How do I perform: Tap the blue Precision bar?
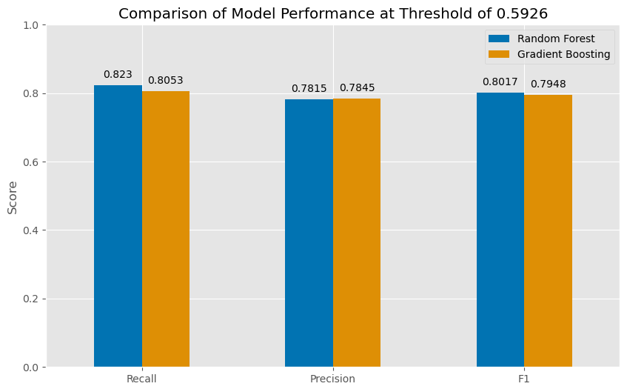tap(309, 233)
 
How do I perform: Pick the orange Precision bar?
tap(357, 233)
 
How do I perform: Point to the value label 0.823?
tap(118, 74)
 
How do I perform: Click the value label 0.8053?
tap(166, 80)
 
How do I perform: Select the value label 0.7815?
tap(309, 88)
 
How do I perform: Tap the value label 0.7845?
tap(357, 87)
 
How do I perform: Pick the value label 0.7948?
tap(548, 84)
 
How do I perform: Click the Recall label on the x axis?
tap(141, 379)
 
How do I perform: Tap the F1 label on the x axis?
tap(524, 379)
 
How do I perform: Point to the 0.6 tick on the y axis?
tap(33, 162)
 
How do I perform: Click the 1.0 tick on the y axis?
tap(33, 25)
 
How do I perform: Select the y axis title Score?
tap(13, 196)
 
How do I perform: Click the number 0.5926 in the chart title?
tap(512, 13)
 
